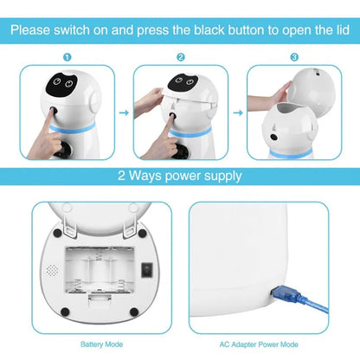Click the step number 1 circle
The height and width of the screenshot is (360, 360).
(x=67, y=56)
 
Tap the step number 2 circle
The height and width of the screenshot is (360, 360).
(x=181, y=56)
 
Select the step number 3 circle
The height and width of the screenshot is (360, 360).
(x=295, y=56)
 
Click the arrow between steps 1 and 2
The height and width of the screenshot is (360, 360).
(x=123, y=112)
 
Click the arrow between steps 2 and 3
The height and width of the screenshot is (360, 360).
(x=237, y=112)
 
